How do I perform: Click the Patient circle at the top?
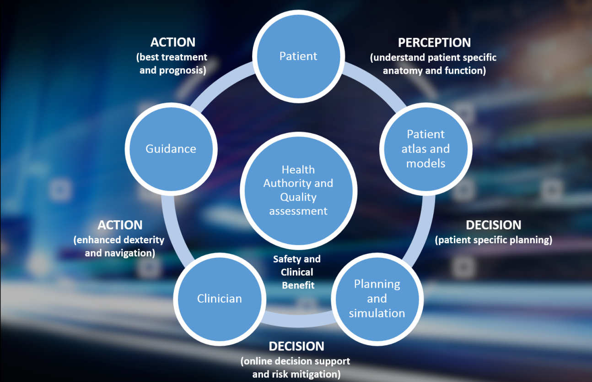(x=298, y=56)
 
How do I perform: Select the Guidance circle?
(x=171, y=149)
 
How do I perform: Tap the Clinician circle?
(x=219, y=299)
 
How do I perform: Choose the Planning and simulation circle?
(x=377, y=299)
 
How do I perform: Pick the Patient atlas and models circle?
(x=425, y=149)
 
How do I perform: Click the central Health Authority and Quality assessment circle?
(x=298, y=190)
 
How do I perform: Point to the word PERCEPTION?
(x=434, y=43)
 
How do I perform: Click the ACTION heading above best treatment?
(x=173, y=42)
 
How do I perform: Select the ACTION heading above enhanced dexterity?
(x=120, y=225)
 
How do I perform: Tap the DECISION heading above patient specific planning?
(x=493, y=225)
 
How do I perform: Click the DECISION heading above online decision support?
(x=296, y=346)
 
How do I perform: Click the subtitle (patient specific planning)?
(x=493, y=240)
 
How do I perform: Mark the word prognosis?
(x=182, y=71)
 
